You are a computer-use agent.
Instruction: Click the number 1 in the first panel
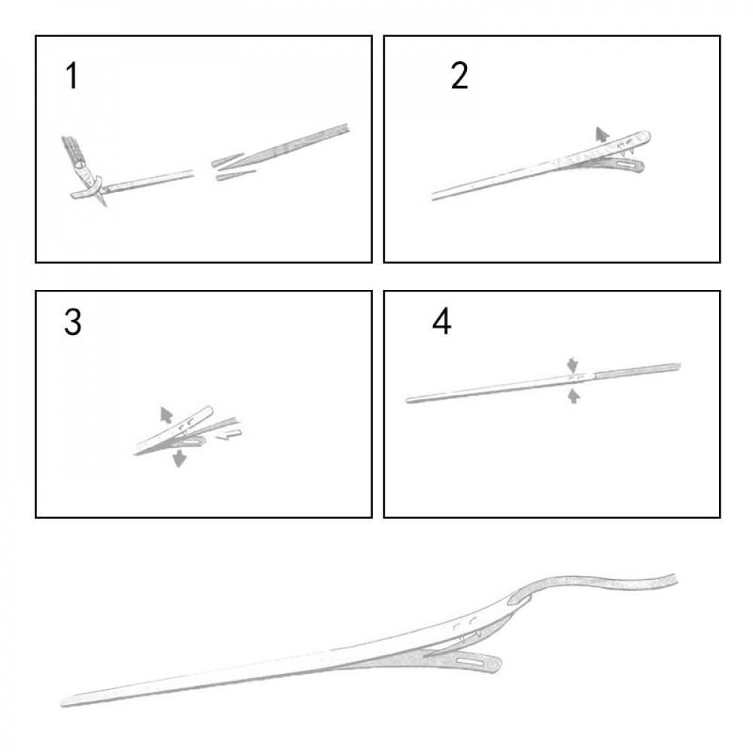click(x=72, y=76)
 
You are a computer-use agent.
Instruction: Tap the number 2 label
click(x=459, y=76)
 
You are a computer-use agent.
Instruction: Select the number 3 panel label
click(x=72, y=322)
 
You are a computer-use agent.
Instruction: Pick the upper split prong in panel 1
click(x=227, y=160)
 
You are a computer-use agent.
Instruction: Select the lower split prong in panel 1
click(x=236, y=175)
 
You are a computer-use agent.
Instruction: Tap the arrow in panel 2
click(x=600, y=134)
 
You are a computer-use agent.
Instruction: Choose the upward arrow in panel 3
click(x=166, y=414)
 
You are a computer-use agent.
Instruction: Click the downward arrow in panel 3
click(x=180, y=458)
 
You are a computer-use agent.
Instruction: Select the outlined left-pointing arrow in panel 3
click(x=228, y=434)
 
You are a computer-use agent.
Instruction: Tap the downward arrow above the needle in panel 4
click(x=572, y=364)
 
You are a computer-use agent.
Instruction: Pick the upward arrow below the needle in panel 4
click(x=573, y=396)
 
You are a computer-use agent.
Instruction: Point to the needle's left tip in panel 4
click(x=407, y=400)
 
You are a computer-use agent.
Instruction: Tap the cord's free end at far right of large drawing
click(x=675, y=578)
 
